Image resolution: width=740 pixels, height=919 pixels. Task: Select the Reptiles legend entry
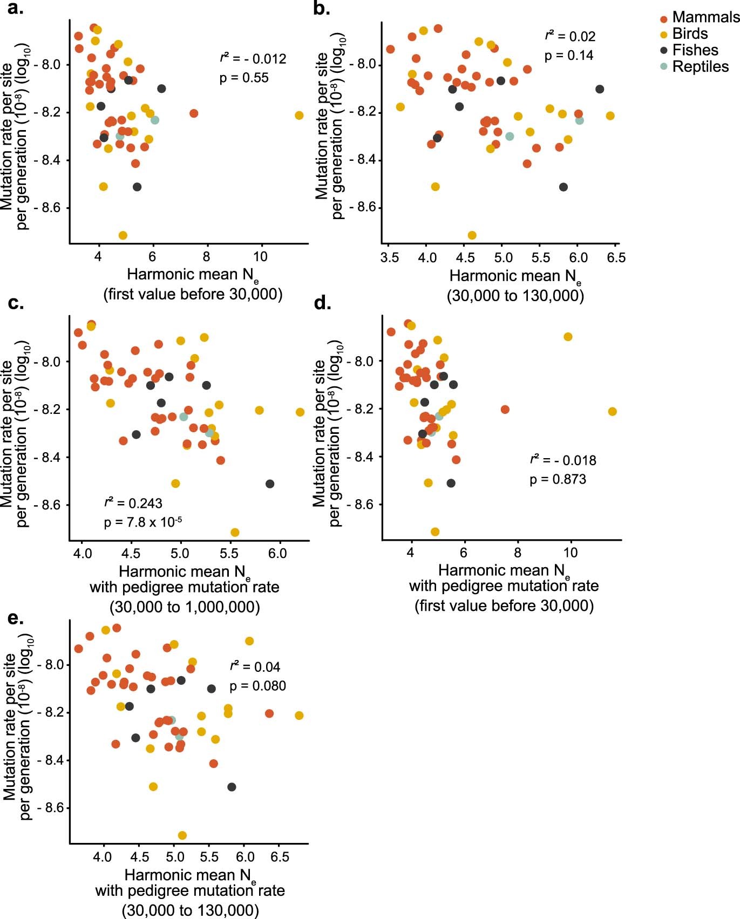(700, 66)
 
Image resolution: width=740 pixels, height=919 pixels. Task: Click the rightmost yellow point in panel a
(299, 115)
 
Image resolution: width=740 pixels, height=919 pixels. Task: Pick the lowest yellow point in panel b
(472, 235)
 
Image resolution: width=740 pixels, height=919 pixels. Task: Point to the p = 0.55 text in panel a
(244, 78)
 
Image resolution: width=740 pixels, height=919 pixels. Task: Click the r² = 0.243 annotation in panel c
(133, 503)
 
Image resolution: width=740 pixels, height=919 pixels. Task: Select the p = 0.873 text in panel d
(558, 479)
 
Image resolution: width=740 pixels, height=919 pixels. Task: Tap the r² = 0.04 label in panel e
(255, 666)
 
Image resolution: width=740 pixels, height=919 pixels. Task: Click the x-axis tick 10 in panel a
(260, 257)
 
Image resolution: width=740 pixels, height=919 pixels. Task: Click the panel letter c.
(16, 303)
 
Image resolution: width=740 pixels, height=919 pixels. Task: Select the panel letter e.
(16, 618)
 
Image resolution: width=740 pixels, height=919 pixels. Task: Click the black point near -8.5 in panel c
(270, 484)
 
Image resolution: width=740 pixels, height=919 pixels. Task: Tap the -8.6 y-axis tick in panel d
(360, 505)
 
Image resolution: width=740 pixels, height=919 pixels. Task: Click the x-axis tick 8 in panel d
(517, 553)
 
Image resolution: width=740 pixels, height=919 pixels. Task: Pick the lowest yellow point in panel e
(182, 835)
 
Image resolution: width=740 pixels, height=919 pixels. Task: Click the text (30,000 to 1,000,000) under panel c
(185, 607)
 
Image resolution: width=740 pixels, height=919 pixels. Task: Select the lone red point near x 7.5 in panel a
(194, 113)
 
